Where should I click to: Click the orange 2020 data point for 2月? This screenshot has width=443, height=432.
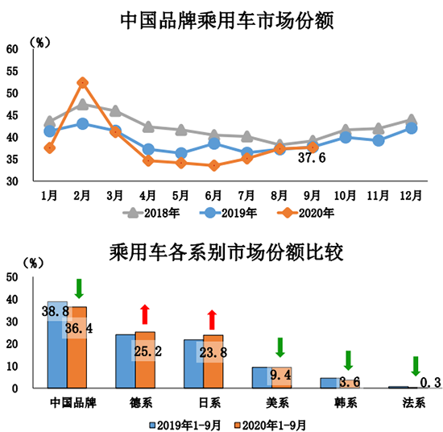pos(82,82)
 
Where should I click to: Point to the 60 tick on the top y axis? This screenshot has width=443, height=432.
pos(12,48)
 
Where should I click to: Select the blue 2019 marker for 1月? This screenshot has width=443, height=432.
pos(49,131)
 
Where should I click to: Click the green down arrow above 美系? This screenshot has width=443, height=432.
pos(280,347)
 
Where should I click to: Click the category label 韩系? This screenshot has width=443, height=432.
pos(349,401)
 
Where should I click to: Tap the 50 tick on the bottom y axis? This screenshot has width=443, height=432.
pos(12,276)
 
